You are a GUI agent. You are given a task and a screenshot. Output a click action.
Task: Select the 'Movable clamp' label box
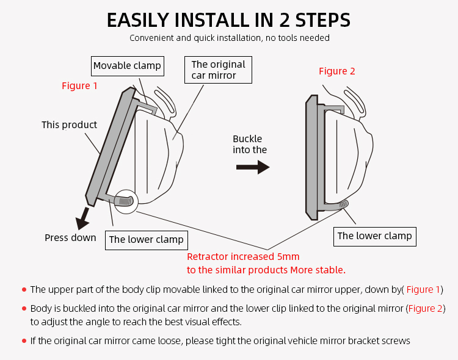(127, 65)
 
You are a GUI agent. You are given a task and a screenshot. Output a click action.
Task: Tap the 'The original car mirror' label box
(218, 70)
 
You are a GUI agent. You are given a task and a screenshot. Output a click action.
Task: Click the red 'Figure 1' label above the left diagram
(79, 86)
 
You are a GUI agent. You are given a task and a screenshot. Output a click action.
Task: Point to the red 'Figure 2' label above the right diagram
(336, 71)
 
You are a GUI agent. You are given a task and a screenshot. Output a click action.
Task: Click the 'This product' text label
(69, 125)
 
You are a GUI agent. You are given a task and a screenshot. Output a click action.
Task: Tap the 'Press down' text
(70, 237)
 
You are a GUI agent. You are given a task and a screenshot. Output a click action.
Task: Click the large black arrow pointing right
(253, 167)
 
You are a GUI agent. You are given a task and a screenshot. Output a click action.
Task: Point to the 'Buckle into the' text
(250, 144)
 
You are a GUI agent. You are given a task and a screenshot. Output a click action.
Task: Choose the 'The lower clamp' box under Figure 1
(146, 240)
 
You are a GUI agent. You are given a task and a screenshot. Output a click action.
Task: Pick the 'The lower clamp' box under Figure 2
(374, 236)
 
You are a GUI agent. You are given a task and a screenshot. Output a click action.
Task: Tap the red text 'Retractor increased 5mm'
(243, 257)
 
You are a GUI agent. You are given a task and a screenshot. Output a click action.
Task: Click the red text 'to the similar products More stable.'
(266, 270)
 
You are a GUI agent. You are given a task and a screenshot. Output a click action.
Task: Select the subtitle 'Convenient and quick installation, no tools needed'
(229, 38)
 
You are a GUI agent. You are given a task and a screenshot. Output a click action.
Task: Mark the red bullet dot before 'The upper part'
(24, 290)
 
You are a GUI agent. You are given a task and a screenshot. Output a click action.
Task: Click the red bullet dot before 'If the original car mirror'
(24, 341)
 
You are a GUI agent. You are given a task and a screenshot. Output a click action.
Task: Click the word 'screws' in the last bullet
(394, 340)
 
